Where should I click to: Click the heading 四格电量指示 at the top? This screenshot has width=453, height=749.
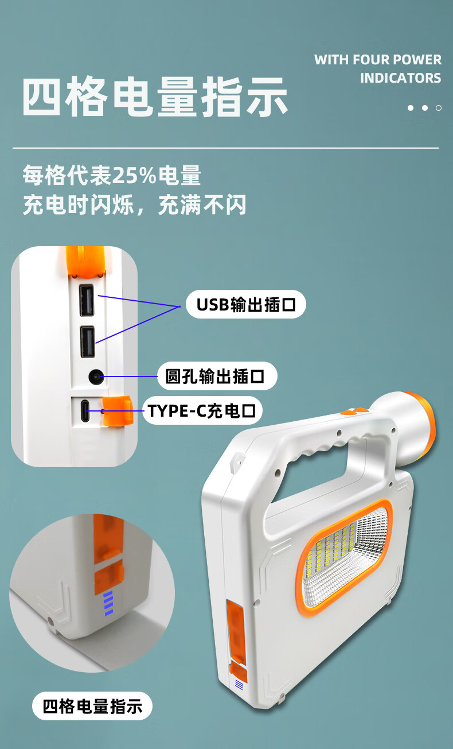click(155, 98)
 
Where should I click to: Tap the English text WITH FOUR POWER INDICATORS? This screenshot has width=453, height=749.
click(378, 68)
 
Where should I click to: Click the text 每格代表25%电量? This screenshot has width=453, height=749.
click(112, 176)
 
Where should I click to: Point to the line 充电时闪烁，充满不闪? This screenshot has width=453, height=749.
click(134, 205)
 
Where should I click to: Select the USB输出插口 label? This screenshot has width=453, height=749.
click(246, 305)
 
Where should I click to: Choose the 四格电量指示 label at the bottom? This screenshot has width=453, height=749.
click(92, 706)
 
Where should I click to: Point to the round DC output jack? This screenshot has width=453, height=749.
click(95, 377)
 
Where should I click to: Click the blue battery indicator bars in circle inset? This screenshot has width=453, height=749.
click(108, 603)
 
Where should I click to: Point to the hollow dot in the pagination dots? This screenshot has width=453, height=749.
click(439, 108)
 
